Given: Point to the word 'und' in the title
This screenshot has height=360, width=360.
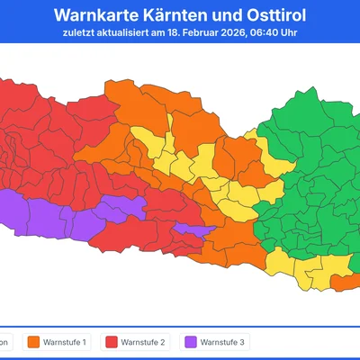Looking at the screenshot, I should [x=226, y=15].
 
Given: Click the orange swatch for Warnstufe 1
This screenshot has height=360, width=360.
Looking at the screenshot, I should [x=34, y=342].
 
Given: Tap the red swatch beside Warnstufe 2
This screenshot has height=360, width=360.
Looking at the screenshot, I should [x=112, y=342].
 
